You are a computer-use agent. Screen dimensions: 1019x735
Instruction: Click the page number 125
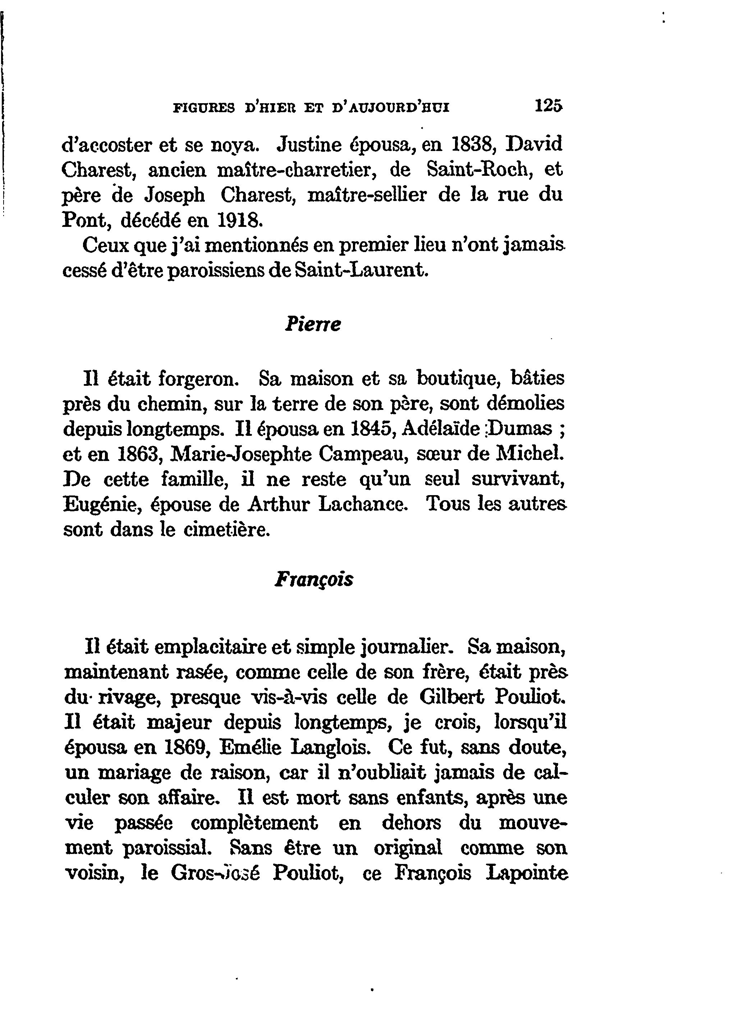tap(548, 106)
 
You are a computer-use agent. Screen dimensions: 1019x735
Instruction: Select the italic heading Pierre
tap(313, 324)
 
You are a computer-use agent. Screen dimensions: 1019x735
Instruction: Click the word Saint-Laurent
tap(359, 270)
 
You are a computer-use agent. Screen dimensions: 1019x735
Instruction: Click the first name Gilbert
tap(452, 698)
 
